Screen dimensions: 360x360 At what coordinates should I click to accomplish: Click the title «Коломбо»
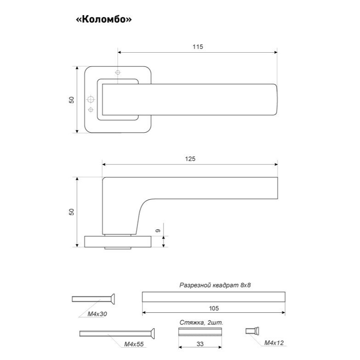pos(104,19)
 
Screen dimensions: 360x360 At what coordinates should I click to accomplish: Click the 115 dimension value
pos(198,47)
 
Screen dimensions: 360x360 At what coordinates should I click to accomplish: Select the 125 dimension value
pos(190,159)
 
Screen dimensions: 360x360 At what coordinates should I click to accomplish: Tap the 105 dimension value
pos(214,308)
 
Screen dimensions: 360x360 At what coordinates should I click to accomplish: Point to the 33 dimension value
pos(200,344)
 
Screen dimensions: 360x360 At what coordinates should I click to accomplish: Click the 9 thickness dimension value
pos(158,230)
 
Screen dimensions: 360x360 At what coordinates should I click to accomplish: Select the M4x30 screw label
pos(98,314)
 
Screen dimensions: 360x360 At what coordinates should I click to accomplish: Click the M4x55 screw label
pos(134,344)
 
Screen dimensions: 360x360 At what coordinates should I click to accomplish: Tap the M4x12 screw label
pos(274,343)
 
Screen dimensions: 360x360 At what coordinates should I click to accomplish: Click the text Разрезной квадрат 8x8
pos(215,285)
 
